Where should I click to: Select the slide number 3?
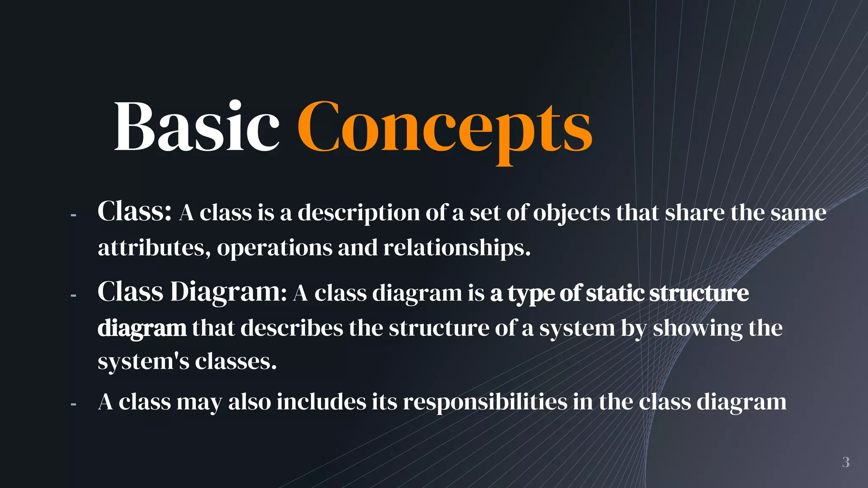click(846, 462)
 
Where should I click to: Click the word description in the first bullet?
click(359, 213)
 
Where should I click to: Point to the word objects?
click(571, 213)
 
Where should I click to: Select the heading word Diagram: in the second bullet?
click(228, 292)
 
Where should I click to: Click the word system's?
click(143, 362)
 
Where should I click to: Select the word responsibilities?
click(485, 402)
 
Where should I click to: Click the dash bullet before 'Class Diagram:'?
click(73, 295)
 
